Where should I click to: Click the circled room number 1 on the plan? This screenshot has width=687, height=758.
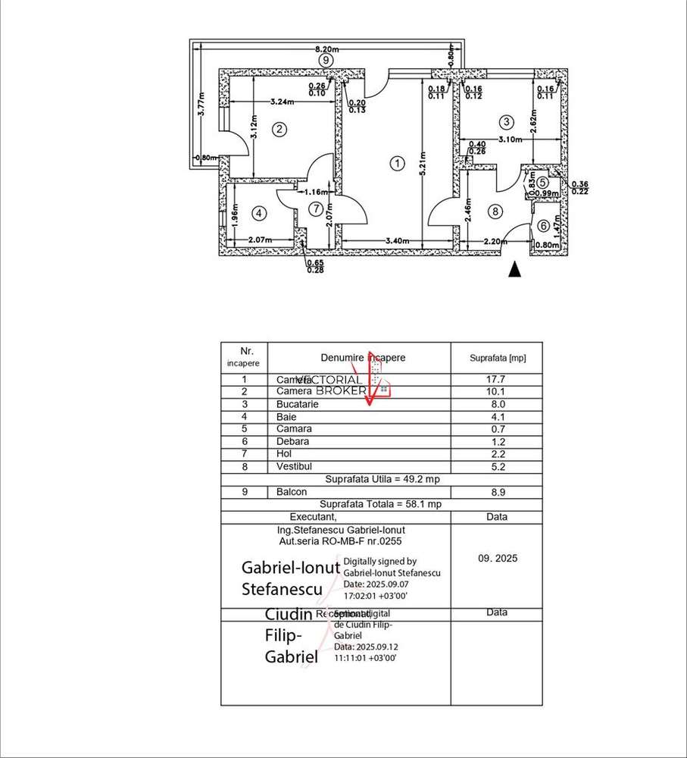pos(395,162)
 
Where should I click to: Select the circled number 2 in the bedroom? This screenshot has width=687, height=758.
pos(279,129)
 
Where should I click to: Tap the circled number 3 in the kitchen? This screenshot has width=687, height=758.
pos(505,122)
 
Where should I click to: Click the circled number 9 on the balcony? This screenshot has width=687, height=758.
pos(325,59)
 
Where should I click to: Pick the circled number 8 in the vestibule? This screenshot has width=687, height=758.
pos(495,212)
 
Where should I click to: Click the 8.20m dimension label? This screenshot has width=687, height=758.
pos(326,48)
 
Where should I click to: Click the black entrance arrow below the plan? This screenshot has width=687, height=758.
pos(515,268)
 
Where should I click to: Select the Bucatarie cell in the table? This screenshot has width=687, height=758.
pos(298,405)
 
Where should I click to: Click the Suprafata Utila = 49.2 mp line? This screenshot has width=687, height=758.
pos(382,479)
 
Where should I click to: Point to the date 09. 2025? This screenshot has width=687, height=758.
pos(497,559)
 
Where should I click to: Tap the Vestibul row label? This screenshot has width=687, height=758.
pos(295,466)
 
